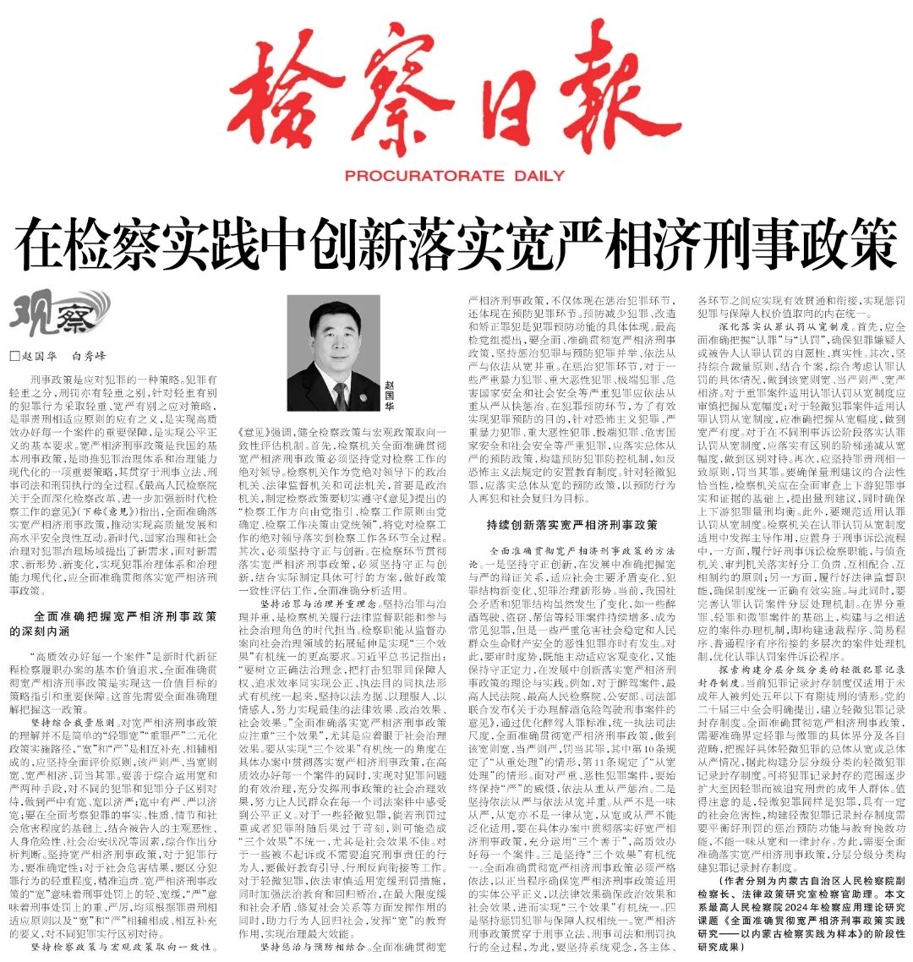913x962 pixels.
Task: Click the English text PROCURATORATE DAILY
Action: point(455,176)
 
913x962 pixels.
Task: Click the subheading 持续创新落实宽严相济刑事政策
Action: point(571,525)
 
